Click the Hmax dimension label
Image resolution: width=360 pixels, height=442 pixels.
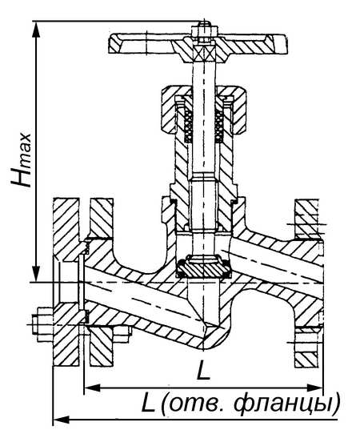(21, 160)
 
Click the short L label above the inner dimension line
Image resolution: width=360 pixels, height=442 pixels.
(203, 370)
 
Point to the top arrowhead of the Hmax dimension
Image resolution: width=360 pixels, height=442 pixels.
(36, 29)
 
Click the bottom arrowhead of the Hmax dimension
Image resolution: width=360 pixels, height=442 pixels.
(36, 273)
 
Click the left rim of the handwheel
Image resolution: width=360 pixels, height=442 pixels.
(116, 44)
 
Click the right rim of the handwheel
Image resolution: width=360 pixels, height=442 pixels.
(277, 44)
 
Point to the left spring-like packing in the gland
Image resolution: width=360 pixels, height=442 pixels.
(188, 126)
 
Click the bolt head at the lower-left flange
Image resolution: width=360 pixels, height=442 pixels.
(42, 325)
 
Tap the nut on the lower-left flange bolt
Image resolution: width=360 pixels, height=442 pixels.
(122, 334)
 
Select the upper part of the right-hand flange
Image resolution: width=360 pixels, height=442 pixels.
(306, 219)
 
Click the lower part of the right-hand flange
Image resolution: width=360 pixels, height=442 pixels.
(306, 348)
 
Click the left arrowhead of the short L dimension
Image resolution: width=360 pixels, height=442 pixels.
(92, 388)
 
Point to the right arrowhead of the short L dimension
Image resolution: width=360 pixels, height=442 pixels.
(314, 388)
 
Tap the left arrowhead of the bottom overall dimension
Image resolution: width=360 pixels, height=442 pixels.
(61, 420)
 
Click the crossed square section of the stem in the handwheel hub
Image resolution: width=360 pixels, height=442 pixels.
(203, 53)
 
